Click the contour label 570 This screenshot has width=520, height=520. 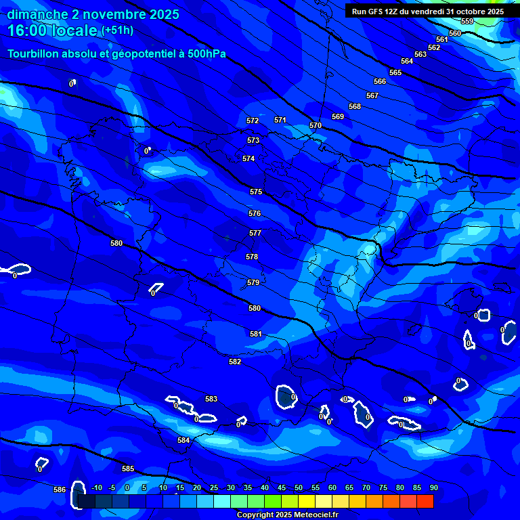(316, 125)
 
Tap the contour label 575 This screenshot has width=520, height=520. (255, 192)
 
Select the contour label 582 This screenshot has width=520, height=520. (235, 362)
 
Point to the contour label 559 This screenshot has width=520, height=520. (467, 22)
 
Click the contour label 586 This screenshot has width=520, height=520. (60, 490)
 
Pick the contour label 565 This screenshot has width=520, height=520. (395, 72)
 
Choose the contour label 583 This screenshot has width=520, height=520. (211, 399)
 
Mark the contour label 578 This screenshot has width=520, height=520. (252, 257)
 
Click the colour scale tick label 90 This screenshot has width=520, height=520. (433, 487)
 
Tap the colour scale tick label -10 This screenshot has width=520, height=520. (97, 487)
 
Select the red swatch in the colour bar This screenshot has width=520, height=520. (425, 501)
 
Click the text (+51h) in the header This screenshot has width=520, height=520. (117, 30)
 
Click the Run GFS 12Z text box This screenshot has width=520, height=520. (427, 11)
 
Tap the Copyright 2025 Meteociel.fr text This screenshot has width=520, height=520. (287, 515)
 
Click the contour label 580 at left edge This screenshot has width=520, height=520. (116, 243)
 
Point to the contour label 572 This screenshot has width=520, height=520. (253, 121)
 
